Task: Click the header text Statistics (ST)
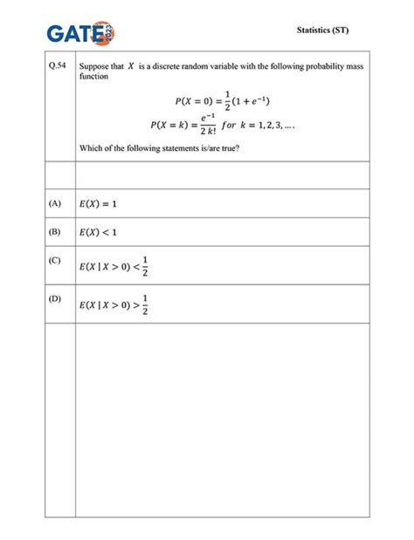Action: [x=324, y=31]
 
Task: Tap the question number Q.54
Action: [x=57, y=66]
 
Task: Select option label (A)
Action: [x=56, y=203]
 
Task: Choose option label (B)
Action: [x=56, y=232]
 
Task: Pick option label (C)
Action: [x=56, y=260]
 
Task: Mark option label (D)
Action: [x=56, y=298]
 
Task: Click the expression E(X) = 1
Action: [x=97, y=204]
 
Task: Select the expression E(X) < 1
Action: [x=97, y=233]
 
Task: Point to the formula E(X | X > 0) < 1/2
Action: [x=114, y=266]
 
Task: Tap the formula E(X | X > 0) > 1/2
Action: [x=114, y=304]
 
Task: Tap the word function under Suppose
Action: [x=93, y=77]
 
